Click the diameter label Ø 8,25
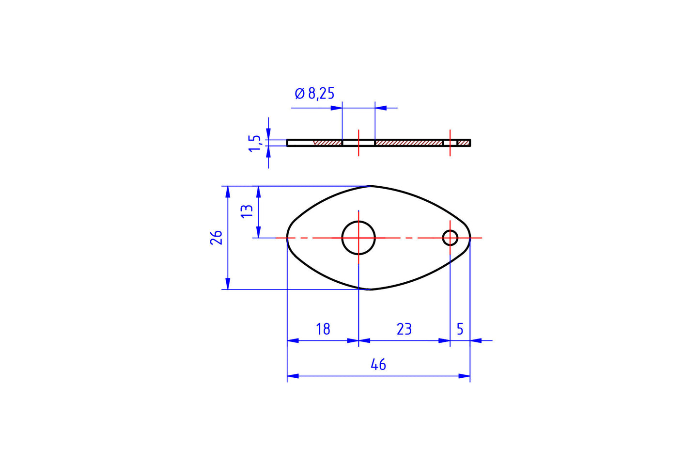click(x=314, y=93)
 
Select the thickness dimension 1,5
click(x=255, y=143)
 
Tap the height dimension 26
click(x=216, y=237)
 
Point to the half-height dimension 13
click(x=247, y=210)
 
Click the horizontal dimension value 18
click(x=323, y=329)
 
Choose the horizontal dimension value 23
click(x=404, y=329)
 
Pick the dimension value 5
click(x=460, y=329)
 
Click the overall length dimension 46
click(x=378, y=365)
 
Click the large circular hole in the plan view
click(x=358, y=238)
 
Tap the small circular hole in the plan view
click(x=450, y=238)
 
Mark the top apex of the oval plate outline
click(x=371, y=186)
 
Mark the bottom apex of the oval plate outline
click(x=371, y=289)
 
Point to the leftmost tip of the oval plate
click(x=288, y=238)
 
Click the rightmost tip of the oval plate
click(x=470, y=238)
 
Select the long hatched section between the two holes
click(x=409, y=143)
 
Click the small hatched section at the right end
click(x=464, y=143)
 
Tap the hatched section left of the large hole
click(x=328, y=143)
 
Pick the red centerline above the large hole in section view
click(x=358, y=134)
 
